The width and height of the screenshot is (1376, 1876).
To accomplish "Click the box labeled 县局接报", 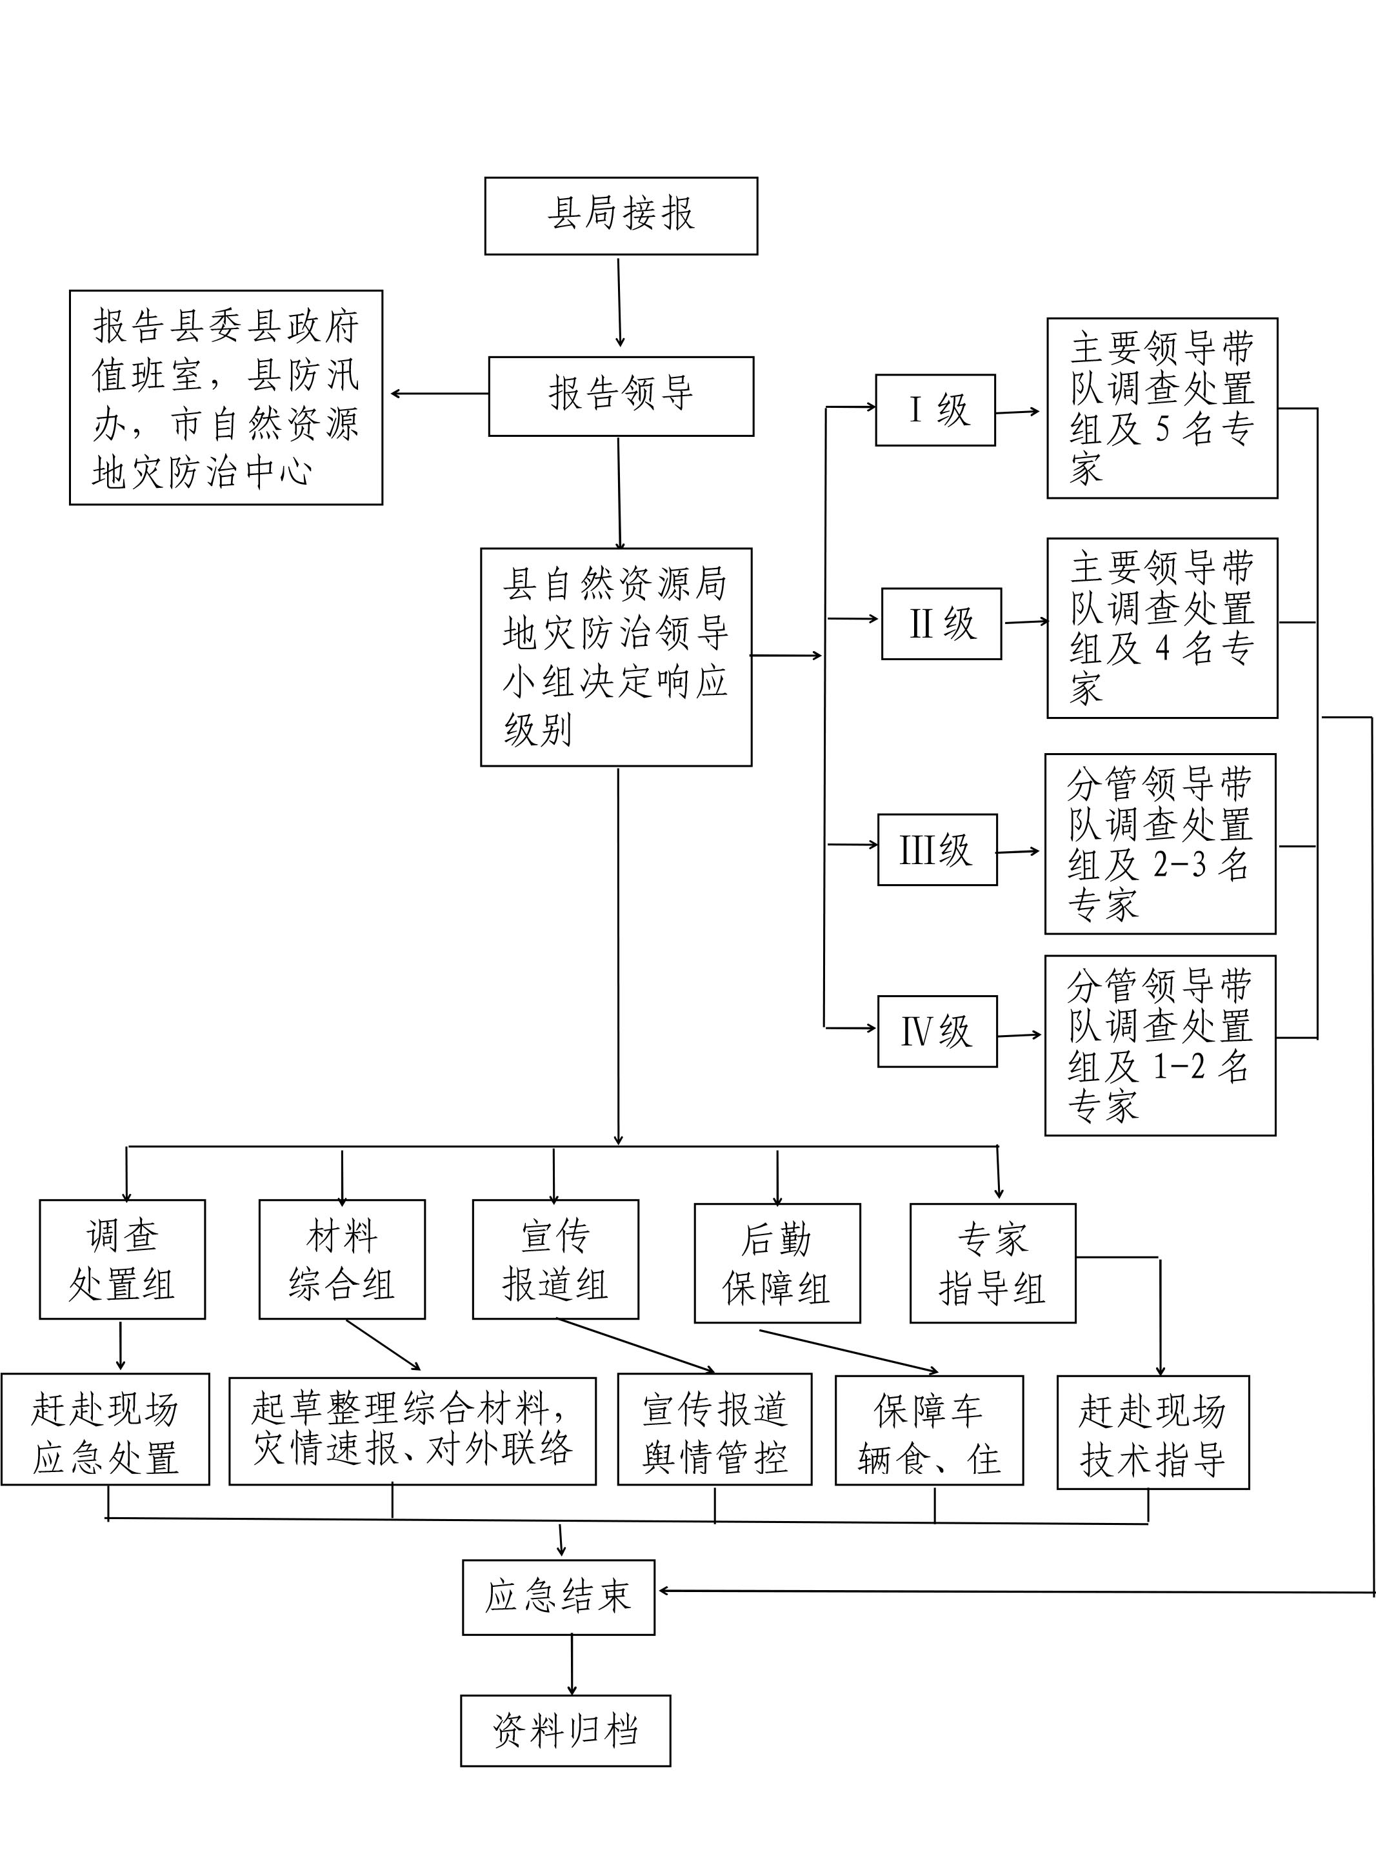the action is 621,216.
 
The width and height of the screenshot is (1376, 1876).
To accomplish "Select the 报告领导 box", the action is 621,396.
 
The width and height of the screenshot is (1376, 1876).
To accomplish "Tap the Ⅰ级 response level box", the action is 935,410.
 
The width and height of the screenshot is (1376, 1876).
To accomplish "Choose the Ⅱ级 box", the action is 942,624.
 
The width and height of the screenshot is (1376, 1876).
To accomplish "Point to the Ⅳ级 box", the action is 938,1031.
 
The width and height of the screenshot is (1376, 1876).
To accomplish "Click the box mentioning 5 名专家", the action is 1162,408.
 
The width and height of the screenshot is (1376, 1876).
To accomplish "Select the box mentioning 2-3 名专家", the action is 1161,844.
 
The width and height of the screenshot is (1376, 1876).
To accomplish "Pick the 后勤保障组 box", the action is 778,1264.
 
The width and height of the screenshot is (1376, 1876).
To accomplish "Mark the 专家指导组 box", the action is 993,1264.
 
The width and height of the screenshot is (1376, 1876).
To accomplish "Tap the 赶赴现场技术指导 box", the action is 1153,1432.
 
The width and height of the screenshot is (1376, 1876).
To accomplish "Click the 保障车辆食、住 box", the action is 930,1430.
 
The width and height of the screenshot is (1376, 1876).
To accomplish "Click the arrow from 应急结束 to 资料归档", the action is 572,1664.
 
